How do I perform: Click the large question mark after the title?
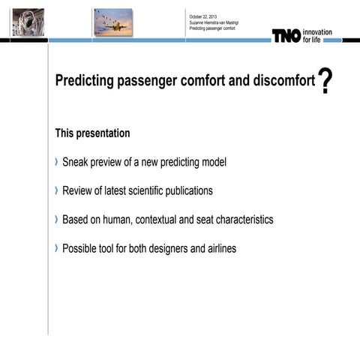[325, 81]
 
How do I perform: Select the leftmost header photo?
[28, 22]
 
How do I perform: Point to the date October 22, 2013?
[203, 16]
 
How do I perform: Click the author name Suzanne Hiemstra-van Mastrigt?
[214, 22]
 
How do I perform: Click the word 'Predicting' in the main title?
[85, 81]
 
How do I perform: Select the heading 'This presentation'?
[92, 133]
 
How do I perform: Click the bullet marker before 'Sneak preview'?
[57, 162]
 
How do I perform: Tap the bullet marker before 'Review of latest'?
[57, 190]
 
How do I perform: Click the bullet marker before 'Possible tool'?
[57, 248]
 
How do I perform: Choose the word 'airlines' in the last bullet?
[219, 248]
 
